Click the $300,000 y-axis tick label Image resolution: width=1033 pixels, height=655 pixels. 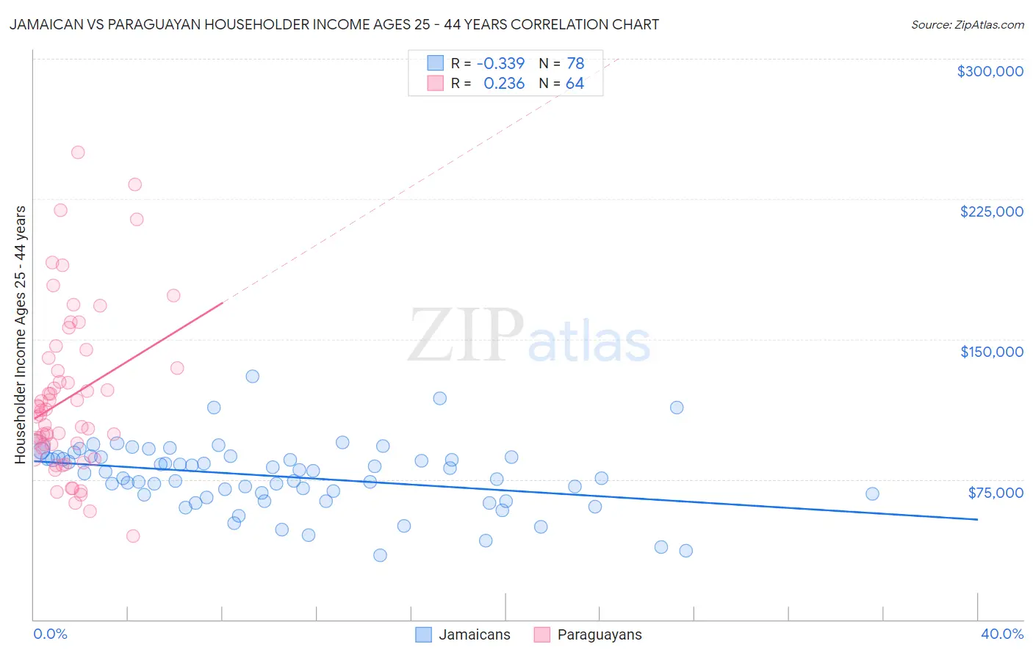coord(990,71)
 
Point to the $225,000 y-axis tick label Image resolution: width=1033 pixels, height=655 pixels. coord(991,211)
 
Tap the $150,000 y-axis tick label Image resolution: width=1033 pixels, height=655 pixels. coord(991,352)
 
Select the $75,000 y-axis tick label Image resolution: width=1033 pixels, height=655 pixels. coord(995,493)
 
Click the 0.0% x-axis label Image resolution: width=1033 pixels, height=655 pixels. coord(50,634)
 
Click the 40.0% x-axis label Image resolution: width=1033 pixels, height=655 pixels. coord(1001,634)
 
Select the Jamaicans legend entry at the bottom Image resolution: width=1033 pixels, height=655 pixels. coord(463,634)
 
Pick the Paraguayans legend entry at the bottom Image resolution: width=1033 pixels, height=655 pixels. coord(588,634)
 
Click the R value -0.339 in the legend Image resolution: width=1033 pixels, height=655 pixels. coord(500,64)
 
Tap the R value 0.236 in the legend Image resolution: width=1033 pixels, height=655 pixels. coord(504,84)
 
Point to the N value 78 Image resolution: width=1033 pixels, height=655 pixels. coord(575,64)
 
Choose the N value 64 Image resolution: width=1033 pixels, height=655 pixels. coord(575,84)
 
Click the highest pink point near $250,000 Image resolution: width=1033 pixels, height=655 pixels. coord(78,153)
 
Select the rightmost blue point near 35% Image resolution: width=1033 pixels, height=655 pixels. coord(872,493)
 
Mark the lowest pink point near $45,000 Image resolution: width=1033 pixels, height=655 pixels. coord(133,536)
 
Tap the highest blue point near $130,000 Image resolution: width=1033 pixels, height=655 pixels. coord(252,376)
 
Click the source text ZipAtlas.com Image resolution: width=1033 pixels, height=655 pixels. coord(967,25)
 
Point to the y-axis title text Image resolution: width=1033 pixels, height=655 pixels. coord(20,335)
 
